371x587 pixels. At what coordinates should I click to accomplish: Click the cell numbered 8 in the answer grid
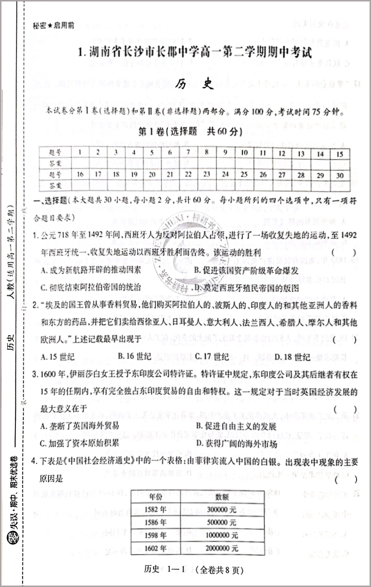206,152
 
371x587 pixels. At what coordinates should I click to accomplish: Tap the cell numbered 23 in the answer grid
206,175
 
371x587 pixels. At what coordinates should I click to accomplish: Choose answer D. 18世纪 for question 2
292,357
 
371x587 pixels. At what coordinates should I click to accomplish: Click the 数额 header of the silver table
222,496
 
